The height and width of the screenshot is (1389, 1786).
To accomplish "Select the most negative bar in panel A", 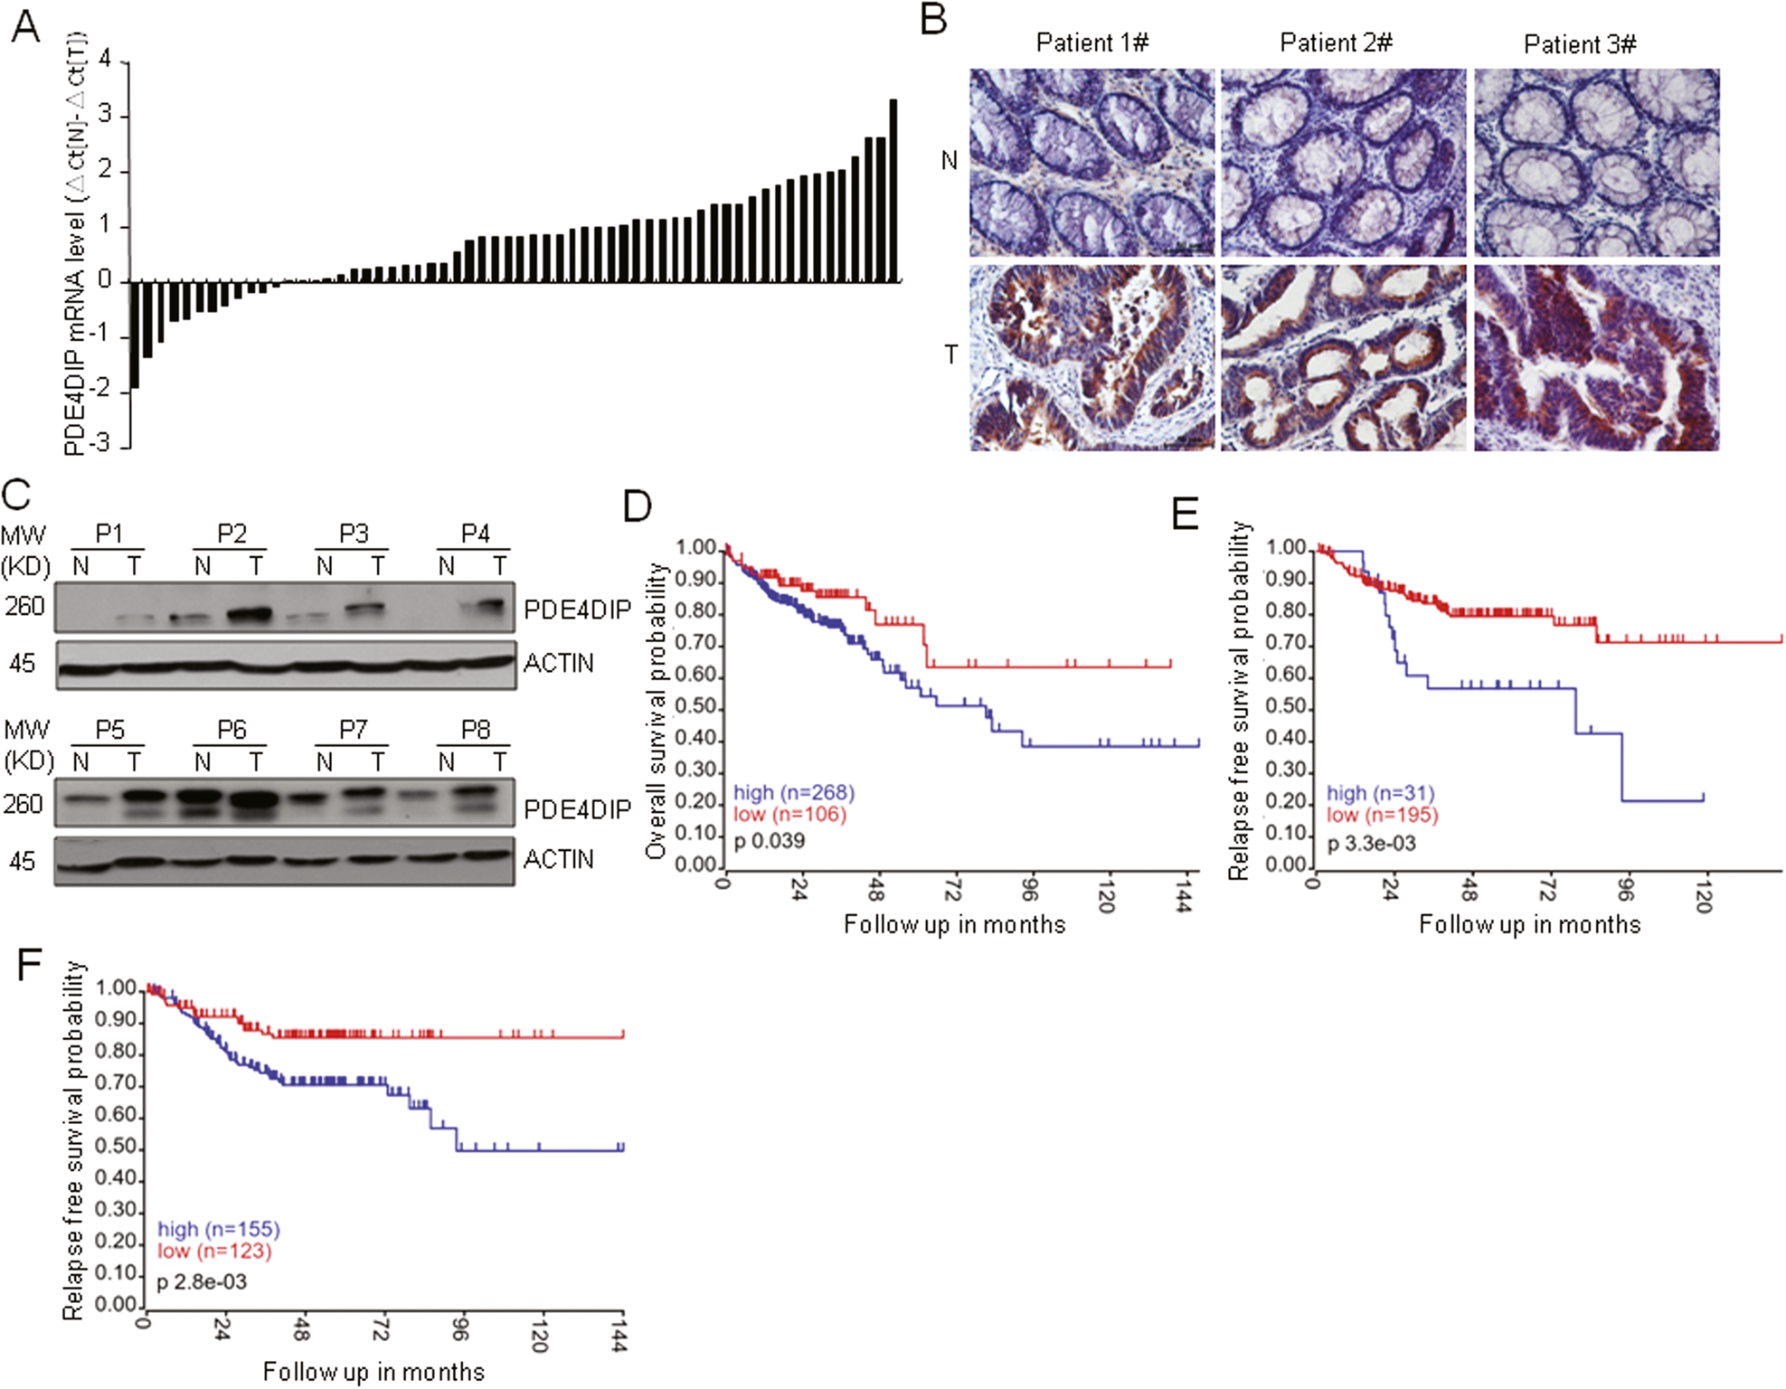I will click(135, 335).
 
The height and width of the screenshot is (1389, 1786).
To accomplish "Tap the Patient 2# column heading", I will click(1336, 43).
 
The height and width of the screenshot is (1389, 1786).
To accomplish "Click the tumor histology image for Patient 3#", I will click(1596, 358).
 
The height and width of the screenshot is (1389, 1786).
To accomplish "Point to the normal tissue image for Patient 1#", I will click(1091, 163).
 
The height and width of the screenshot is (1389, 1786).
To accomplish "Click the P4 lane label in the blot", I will click(475, 534).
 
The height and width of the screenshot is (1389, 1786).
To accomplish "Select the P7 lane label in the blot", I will click(353, 730).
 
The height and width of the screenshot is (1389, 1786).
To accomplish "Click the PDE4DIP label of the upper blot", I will click(577, 610).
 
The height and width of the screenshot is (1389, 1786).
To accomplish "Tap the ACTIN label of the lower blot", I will click(559, 859).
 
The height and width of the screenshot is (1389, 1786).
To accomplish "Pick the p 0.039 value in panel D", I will click(769, 841).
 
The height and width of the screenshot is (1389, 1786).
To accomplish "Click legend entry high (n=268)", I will click(793, 792).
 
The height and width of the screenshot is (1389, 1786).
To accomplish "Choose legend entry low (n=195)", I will click(1382, 815).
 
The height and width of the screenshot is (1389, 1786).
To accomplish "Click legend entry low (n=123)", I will click(214, 1251).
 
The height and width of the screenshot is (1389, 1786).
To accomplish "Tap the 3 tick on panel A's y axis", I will click(106, 115).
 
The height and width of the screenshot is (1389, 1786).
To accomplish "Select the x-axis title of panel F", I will click(373, 1372).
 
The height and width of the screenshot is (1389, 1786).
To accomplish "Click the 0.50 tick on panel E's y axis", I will click(1286, 706).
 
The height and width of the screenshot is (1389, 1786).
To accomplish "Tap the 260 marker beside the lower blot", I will click(24, 803).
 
